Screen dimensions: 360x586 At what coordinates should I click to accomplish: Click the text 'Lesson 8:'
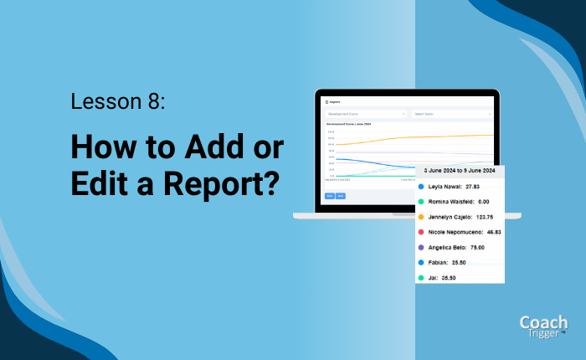tap(118, 103)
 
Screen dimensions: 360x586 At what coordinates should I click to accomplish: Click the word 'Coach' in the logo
tap(544, 322)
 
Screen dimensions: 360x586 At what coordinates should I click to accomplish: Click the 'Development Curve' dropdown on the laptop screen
tap(365, 114)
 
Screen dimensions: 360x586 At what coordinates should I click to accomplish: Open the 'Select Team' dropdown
tap(451, 114)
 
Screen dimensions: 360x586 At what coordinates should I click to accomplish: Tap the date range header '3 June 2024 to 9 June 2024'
tap(460, 171)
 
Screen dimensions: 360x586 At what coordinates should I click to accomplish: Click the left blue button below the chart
tap(329, 196)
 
